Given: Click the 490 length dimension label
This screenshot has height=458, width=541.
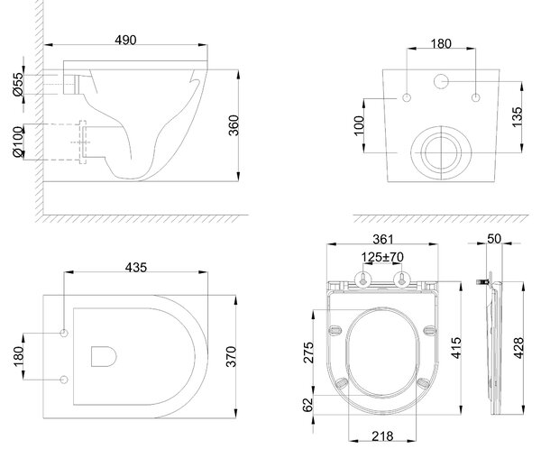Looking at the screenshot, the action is [125, 40].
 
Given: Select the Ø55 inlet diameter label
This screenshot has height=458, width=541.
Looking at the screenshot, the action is [18, 84].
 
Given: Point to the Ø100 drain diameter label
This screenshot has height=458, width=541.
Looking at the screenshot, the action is [18, 142].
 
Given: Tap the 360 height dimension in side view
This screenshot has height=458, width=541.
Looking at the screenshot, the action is [234, 125].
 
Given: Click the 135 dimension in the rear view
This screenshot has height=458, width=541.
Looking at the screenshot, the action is [517, 117].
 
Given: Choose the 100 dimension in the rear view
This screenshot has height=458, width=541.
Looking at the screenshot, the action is [359, 126].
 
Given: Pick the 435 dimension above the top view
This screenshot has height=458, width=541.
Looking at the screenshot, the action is [136, 267].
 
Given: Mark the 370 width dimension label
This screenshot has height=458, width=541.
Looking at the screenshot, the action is [231, 357].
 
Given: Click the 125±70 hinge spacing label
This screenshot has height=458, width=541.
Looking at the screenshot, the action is [382, 257].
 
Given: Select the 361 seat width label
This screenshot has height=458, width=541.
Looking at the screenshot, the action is [383, 239].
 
